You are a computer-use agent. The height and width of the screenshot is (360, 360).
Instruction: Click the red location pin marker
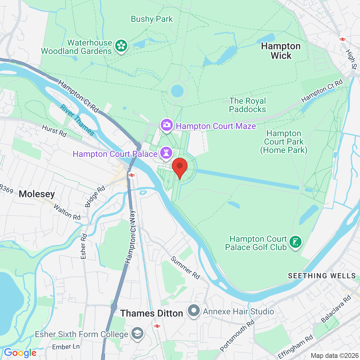(180, 167)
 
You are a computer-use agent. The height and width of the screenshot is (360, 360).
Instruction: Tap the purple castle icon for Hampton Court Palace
(166, 153)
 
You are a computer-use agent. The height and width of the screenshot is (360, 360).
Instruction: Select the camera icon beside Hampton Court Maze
(166, 125)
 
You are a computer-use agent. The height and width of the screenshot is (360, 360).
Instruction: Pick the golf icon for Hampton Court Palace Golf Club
(295, 242)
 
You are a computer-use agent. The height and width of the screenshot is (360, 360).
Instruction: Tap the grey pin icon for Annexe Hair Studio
(194, 311)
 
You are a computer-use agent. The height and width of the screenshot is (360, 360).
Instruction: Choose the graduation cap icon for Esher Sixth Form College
(137, 334)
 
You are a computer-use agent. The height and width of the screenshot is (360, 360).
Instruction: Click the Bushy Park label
(152, 19)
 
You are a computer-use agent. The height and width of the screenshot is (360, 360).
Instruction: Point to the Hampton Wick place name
(281, 51)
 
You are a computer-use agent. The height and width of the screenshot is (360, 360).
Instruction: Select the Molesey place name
(37, 194)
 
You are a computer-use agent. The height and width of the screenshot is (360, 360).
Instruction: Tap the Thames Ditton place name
(152, 313)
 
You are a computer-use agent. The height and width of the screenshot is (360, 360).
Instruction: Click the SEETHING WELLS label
(322, 276)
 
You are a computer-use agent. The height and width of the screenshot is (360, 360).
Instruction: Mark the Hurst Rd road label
(54, 131)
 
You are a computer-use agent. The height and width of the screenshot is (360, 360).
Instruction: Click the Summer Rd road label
(185, 268)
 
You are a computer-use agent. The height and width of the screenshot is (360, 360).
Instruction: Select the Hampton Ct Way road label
(131, 237)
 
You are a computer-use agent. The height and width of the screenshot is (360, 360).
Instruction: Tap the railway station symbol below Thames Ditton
(156, 326)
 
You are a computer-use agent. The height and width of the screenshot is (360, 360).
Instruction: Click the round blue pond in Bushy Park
(177, 90)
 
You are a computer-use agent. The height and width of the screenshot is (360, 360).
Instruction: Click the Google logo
(20, 353)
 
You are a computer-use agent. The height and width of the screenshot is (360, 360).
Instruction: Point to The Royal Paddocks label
(247, 105)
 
